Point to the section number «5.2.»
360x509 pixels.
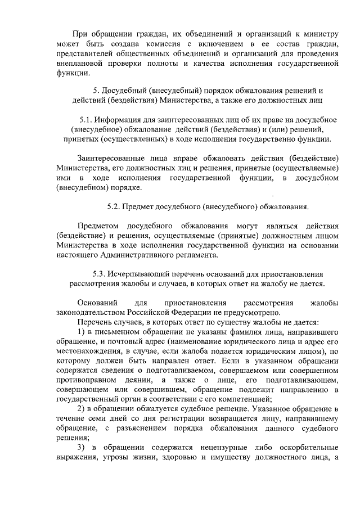pos(116,207)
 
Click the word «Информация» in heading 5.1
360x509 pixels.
pos(118,120)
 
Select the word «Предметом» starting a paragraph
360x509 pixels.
pos(97,225)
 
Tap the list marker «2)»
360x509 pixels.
pos(81,407)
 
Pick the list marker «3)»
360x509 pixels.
pos(81,448)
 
